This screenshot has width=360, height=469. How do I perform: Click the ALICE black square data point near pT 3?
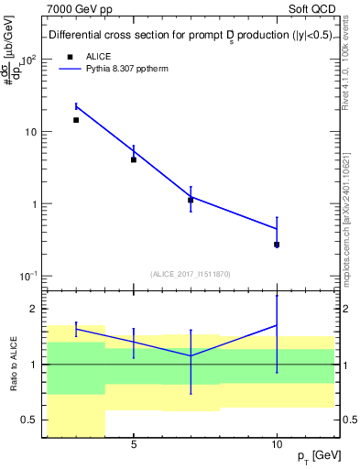point(76,120)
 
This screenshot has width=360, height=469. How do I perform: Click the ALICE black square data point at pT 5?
point(134,159)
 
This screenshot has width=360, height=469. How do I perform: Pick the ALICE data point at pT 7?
point(191,200)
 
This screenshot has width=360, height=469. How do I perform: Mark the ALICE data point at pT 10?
point(277,245)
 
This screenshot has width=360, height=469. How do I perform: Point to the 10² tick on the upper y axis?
point(28,60)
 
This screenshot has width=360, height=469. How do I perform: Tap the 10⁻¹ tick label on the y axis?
point(28,276)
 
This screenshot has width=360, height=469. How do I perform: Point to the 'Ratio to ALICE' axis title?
point(14,364)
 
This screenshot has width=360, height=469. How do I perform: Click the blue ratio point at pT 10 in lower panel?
point(277,325)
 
